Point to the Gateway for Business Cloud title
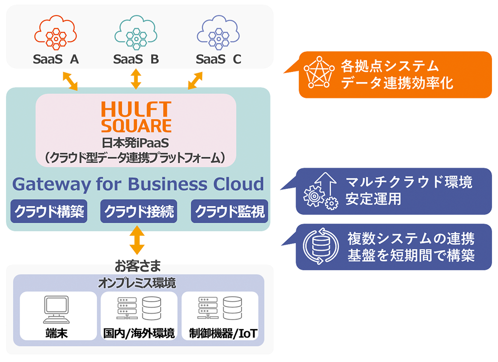click(138, 184)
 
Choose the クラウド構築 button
click(49, 212)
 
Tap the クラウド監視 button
click(230, 212)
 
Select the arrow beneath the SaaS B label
click(136, 79)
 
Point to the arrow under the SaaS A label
click(70, 80)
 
